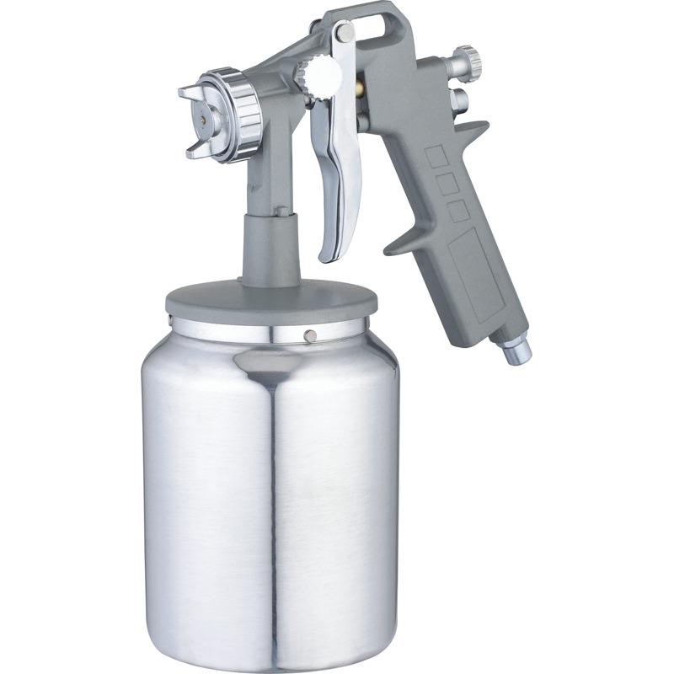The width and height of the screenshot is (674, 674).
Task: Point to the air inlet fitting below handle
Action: [516, 350]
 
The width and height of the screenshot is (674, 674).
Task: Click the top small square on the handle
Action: [436, 156]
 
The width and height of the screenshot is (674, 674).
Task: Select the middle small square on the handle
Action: [447, 184]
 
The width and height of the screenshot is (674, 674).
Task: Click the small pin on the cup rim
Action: [310, 335]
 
